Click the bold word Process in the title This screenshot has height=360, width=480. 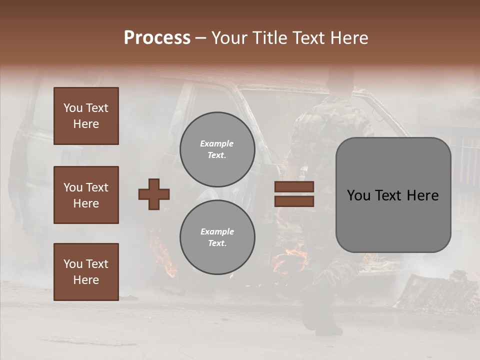pos(157,38)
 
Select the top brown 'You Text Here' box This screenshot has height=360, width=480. pos(86,116)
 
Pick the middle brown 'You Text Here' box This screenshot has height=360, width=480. pos(86,195)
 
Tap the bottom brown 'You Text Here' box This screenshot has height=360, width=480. pos(86,271)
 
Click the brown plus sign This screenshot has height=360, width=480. pos(154,194)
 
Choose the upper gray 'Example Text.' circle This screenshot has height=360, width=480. pos(217,149)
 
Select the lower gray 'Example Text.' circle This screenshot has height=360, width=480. pos(217,237)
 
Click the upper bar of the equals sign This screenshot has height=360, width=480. pos(294,187)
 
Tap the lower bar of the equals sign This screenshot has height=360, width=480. pos(294,201)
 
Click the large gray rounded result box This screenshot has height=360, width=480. pos(393,195)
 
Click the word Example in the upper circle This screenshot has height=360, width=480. pos(217,143)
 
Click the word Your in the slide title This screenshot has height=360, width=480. pos(227,38)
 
